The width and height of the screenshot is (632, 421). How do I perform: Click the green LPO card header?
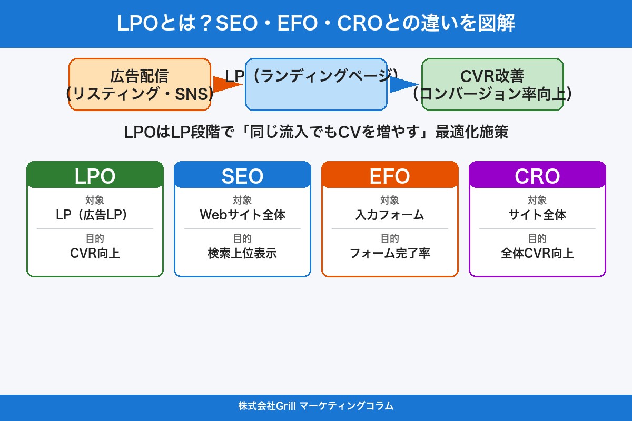click(x=95, y=176)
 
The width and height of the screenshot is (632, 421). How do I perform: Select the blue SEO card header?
click(x=242, y=176)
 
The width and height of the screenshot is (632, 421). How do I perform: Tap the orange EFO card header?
click(x=390, y=176)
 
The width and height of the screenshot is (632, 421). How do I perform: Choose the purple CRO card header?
click(x=537, y=176)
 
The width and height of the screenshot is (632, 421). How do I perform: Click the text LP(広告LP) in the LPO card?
click(x=95, y=215)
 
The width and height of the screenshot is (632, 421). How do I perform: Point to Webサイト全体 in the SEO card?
click(x=242, y=215)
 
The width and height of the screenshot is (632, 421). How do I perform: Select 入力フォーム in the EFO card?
click(x=390, y=215)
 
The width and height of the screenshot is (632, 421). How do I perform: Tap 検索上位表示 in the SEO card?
click(x=242, y=253)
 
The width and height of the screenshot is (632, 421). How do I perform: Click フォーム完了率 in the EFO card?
click(x=390, y=253)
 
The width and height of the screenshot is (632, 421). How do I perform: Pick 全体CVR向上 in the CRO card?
click(x=537, y=253)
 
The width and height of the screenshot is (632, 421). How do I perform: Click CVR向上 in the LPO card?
click(x=95, y=253)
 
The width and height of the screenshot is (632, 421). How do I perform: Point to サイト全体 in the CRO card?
click(x=537, y=215)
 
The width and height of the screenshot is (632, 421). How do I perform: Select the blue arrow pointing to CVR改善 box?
click(x=403, y=84)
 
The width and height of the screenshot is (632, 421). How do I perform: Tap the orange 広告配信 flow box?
click(x=140, y=84)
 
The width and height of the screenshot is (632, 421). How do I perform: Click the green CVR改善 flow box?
click(x=492, y=84)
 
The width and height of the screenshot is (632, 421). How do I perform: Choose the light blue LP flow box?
click(x=316, y=95)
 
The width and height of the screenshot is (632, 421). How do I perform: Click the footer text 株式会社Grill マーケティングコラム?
click(x=316, y=406)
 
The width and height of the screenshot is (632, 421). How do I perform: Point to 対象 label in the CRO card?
click(x=537, y=200)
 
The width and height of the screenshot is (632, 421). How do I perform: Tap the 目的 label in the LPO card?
click(x=95, y=238)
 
